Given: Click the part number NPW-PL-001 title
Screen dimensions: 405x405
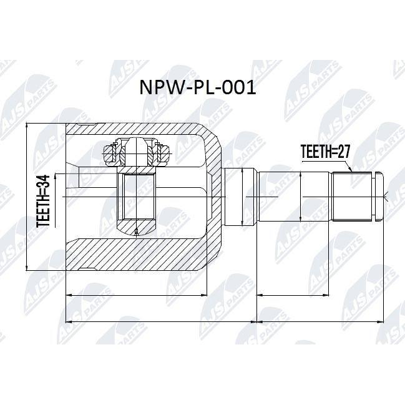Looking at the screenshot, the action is (x=198, y=87).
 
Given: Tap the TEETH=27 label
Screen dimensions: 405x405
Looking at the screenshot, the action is (x=326, y=152).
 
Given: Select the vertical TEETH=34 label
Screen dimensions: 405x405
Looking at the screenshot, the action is (x=43, y=201).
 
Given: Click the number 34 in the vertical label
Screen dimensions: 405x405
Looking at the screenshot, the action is (x=43, y=182).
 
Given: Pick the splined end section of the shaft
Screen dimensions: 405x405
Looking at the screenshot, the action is (x=353, y=197).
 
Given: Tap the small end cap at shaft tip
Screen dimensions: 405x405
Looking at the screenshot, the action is (x=378, y=197).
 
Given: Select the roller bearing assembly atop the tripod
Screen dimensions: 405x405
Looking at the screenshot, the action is (x=136, y=152).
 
